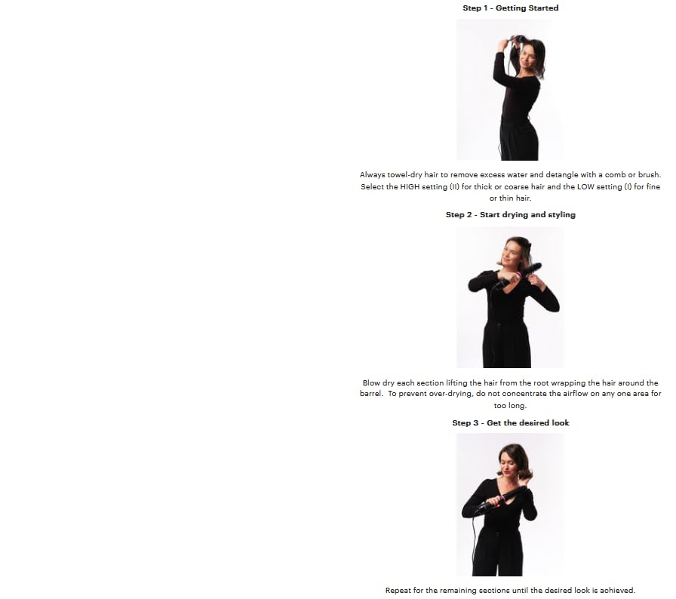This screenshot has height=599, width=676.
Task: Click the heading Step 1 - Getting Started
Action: [x=511, y=8]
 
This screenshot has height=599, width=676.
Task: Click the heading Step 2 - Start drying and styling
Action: [x=511, y=214]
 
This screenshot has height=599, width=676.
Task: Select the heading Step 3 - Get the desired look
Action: [x=511, y=422]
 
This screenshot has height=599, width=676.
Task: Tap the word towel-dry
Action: [x=404, y=175]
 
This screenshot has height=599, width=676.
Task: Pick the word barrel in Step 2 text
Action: [x=370, y=394]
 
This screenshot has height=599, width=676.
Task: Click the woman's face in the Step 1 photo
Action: [x=527, y=57]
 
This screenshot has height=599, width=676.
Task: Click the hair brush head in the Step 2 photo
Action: [x=532, y=270]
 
